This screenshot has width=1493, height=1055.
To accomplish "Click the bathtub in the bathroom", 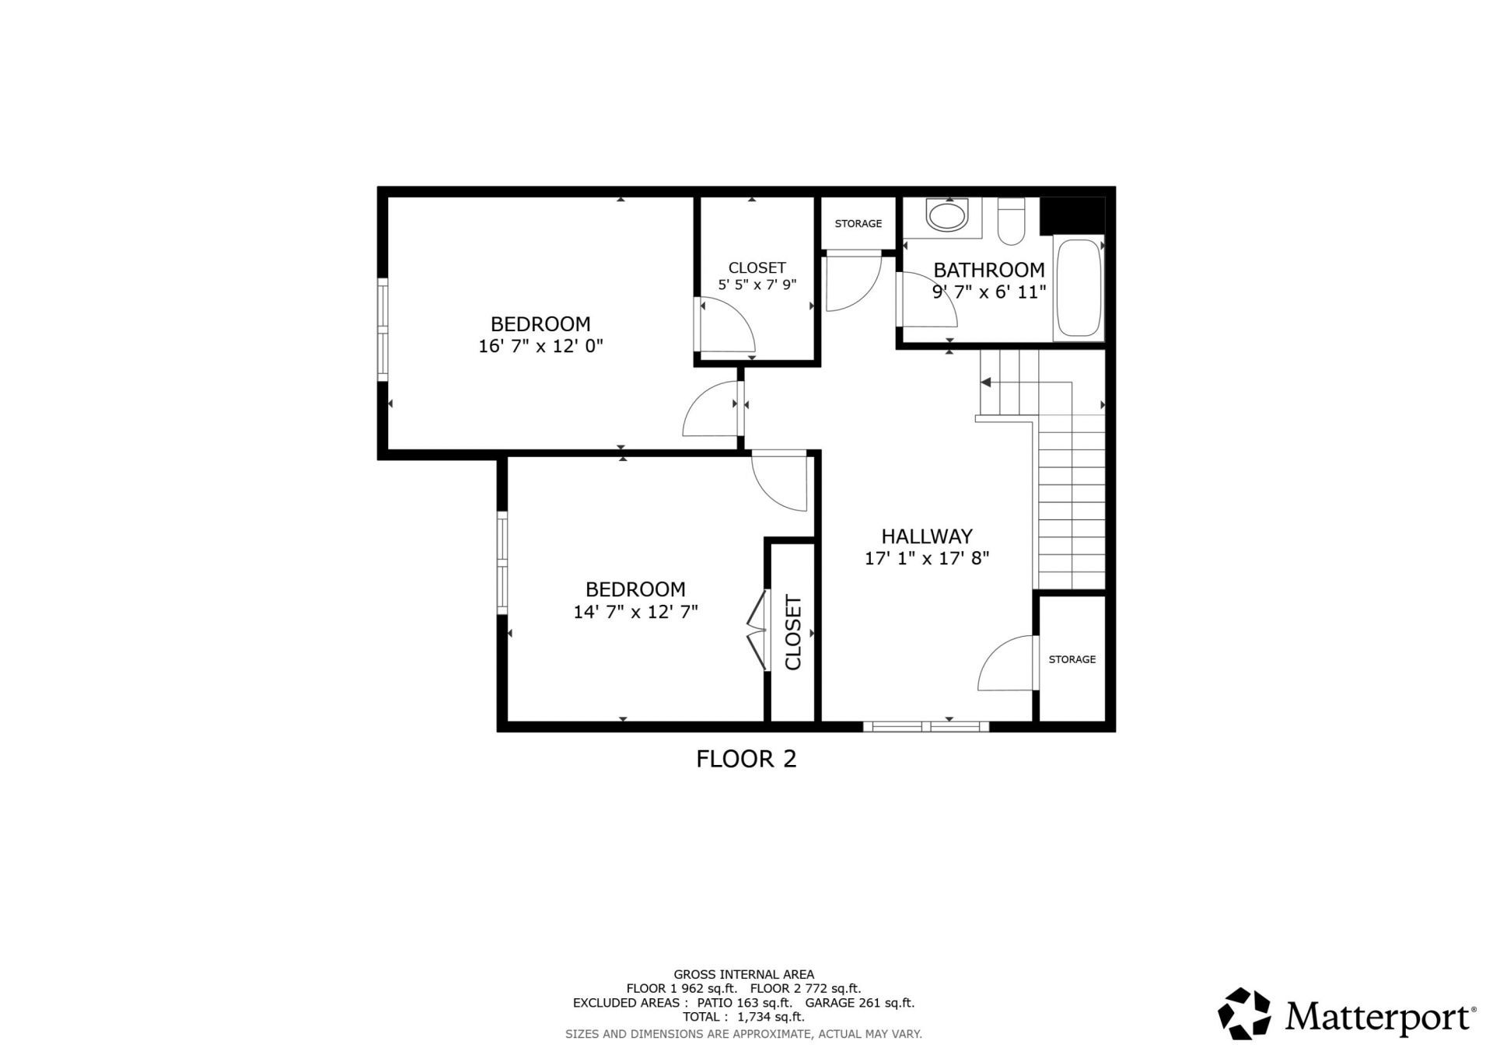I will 1078,288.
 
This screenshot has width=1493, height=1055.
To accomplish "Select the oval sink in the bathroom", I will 946,215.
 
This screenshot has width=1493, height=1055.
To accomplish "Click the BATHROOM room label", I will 988,270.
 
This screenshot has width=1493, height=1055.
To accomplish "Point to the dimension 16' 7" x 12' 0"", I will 540,346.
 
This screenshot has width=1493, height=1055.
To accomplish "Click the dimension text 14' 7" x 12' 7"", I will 635,612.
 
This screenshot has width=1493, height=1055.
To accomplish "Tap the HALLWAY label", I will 926,536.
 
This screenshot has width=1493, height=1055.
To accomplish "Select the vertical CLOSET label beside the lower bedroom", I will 793,632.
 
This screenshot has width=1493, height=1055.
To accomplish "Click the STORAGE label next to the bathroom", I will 858,224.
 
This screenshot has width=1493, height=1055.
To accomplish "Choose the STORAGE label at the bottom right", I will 1072,659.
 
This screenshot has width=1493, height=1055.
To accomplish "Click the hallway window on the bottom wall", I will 925,726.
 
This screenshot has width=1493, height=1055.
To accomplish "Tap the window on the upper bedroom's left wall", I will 383,330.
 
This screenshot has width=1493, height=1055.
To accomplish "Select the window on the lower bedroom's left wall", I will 502,562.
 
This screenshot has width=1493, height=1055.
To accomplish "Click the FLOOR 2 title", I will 746,759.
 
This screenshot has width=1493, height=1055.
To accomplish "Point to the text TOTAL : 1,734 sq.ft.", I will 743,1017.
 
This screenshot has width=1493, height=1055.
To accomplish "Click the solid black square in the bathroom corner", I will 1072,215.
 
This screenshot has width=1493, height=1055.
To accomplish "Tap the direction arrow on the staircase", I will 986,383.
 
